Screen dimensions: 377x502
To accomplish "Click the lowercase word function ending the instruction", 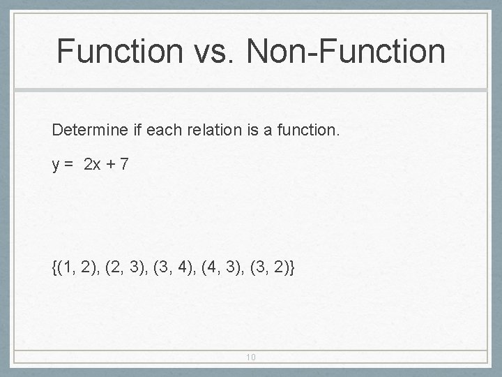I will (x=305, y=130).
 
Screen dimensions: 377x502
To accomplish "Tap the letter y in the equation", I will (x=55, y=165).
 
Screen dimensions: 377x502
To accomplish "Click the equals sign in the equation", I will (x=69, y=165).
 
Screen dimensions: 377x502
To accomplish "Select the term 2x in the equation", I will (x=92, y=165).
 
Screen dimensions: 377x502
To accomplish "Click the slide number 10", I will (x=251, y=357).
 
